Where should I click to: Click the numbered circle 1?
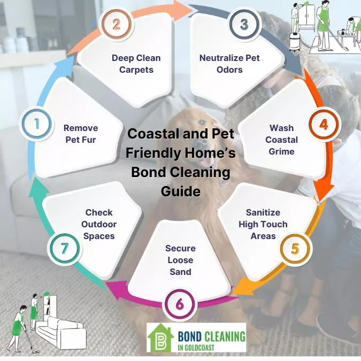(x=37, y=124)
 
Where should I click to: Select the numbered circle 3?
(x=244, y=25)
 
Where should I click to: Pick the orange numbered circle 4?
(x=323, y=125)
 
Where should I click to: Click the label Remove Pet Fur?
(x=81, y=134)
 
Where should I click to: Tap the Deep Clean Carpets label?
(x=136, y=64)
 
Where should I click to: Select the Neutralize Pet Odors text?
(x=229, y=64)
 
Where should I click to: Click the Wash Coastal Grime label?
(x=281, y=140)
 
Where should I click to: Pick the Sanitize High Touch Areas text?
(x=263, y=224)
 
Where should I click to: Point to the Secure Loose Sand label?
(x=180, y=260)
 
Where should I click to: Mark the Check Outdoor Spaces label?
(x=99, y=224)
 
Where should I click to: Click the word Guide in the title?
(x=181, y=191)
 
